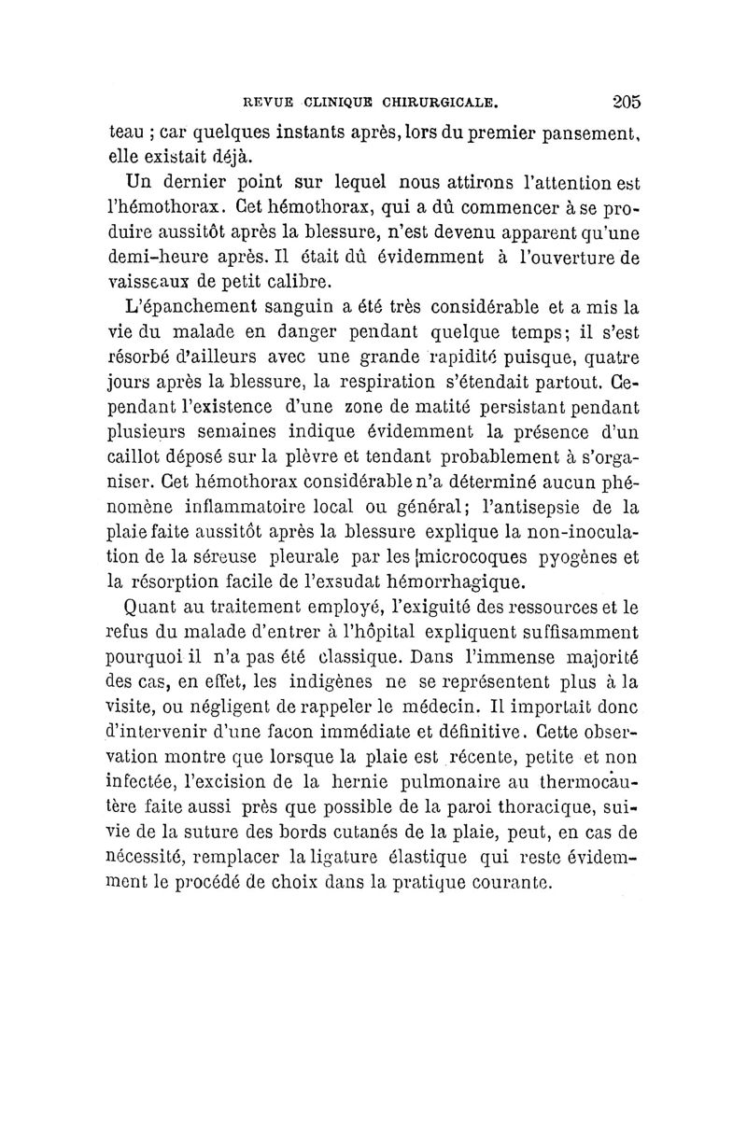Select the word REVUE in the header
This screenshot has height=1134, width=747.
click(266, 96)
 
